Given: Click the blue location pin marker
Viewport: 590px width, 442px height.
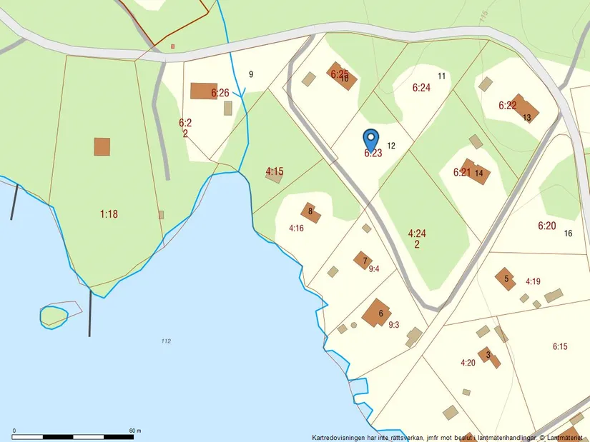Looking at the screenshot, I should pyautogui.click(x=370, y=138).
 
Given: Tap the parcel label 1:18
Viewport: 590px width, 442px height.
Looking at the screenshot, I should pyautogui.click(x=109, y=214).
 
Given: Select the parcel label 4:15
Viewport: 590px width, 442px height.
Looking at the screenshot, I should pyautogui.click(x=275, y=171).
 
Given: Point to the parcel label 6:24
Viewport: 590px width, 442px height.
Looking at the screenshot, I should pyautogui.click(x=422, y=88).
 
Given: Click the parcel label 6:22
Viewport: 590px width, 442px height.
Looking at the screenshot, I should pyautogui.click(x=508, y=105).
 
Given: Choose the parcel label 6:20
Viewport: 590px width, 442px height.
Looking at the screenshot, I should pyautogui.click(x=546, y=226).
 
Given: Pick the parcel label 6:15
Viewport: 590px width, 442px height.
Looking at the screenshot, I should pyautogui.click(x=560, y=346).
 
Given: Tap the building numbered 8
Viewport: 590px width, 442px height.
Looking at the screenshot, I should pyautogui.click(x=311, y=213).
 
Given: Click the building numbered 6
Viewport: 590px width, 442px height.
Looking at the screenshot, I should pyautogui.click(x=376, y=313).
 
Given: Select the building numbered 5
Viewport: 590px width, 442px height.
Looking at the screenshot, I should pyautogui.click(x=506, y=278).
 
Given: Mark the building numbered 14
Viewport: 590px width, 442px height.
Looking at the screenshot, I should pyautogui.click(x=475, y=172).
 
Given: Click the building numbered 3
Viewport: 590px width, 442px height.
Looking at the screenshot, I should pyautogui.click(x=489, y=356).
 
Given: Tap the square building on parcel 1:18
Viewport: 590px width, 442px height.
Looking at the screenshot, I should pyautogui.click(x=102, y=147).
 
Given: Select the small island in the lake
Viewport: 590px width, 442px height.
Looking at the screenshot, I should pyautogui.click(x=54, y=314).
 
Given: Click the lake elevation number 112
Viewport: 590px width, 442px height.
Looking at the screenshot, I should pyautogui.click(x=166, y=341).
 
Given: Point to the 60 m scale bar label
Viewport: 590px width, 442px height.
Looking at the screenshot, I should pyautogui.click(x=135, y=431).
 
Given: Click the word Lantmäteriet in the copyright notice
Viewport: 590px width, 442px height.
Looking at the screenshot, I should pyautogui.click(x=565, y=437).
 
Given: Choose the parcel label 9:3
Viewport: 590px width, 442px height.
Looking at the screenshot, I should pyautogui.click(x=393, y=325).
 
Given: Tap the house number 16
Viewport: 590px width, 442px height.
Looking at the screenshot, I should pyautogui.click(x=569, y=233).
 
